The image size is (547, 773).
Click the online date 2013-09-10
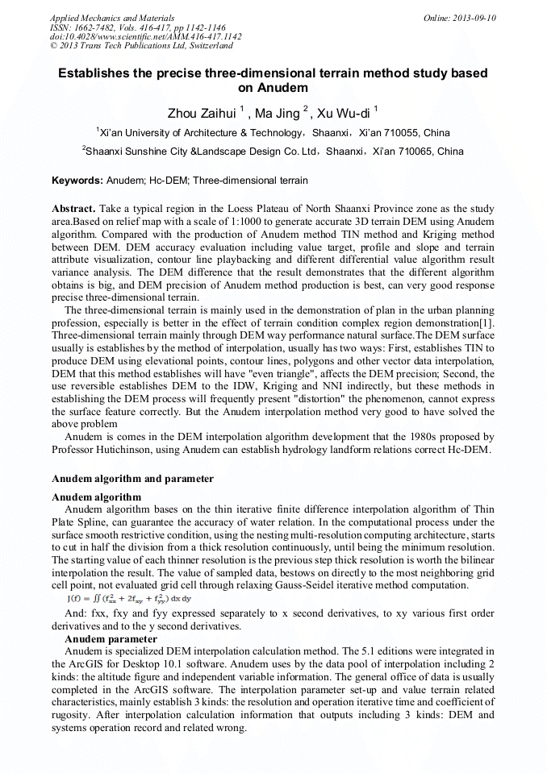click(474, 18)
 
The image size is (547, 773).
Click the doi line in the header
click(145, 36)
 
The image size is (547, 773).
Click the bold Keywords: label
click(77, 181)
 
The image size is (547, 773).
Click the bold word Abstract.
click(73, 208)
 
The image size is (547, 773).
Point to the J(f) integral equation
click(128, 599)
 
